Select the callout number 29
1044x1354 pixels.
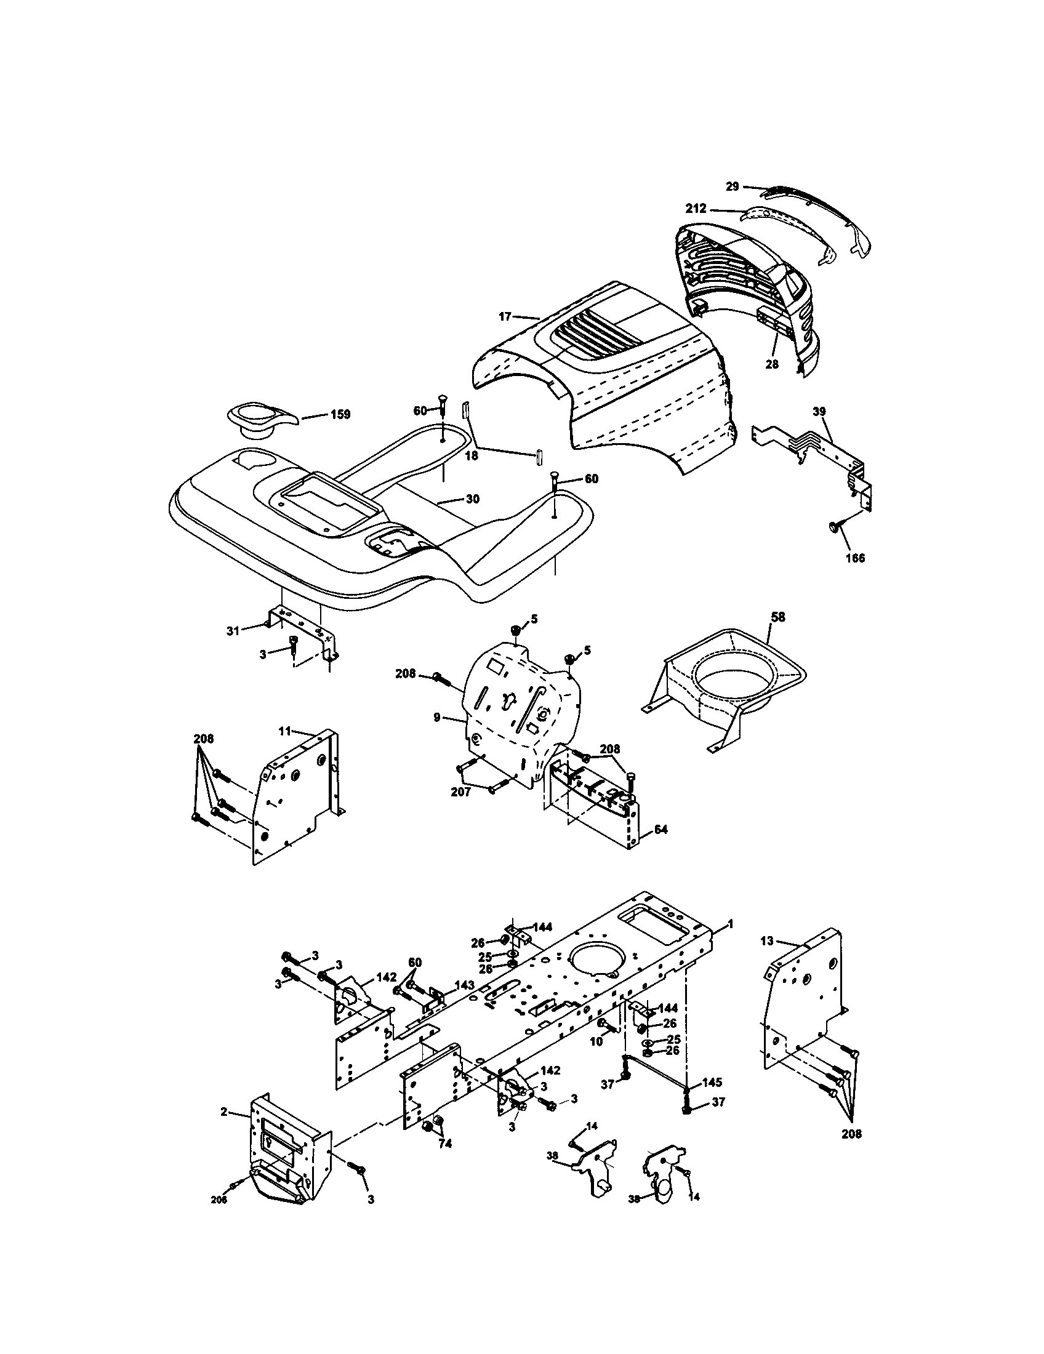tap(733, 186)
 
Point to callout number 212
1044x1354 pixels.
tap(696, 209)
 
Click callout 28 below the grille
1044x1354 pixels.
tap(771, 364)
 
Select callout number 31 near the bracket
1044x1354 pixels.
tap(233, 631)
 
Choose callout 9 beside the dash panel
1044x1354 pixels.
tap(436, 717)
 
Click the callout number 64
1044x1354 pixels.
tap(661, 830)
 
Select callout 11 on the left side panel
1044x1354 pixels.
tap(285, 732)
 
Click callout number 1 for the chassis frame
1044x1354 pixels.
tap(730, 941)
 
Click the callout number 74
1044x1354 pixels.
tap(445, 1144)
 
